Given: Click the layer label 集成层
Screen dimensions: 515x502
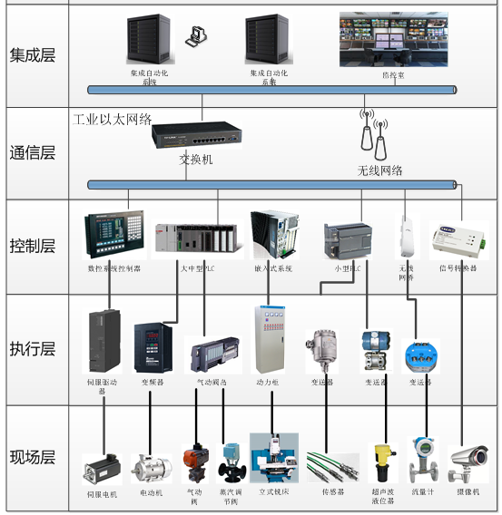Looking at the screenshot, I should (33, 54).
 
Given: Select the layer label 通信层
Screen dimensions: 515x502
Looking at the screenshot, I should (33, 152).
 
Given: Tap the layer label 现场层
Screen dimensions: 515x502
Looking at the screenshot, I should (33, 456).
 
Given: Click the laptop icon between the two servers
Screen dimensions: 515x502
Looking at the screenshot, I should (195, 37).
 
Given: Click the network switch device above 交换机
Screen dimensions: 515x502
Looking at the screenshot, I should (197, 136).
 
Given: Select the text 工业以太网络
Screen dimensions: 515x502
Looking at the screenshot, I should (113, 118).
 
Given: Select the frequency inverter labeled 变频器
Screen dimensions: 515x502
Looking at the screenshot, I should (152, 348).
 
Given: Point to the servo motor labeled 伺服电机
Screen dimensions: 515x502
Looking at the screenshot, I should (102, 468).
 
